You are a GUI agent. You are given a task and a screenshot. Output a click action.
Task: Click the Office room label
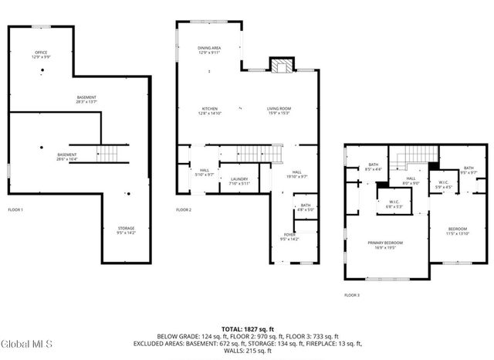41,55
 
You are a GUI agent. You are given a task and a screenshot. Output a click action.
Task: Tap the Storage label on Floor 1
126,230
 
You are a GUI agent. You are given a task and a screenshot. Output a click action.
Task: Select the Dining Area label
209,50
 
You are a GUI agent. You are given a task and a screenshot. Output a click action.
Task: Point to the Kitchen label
210,110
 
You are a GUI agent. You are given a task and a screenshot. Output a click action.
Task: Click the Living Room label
279,110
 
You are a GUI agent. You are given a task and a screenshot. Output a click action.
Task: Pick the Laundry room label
239,181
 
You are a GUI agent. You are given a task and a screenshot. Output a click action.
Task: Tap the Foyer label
289,237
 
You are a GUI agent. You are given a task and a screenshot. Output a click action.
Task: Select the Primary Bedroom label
385,245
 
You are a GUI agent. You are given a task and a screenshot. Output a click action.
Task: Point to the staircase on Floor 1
107,153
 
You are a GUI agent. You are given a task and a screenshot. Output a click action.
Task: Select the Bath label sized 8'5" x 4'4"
374,167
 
